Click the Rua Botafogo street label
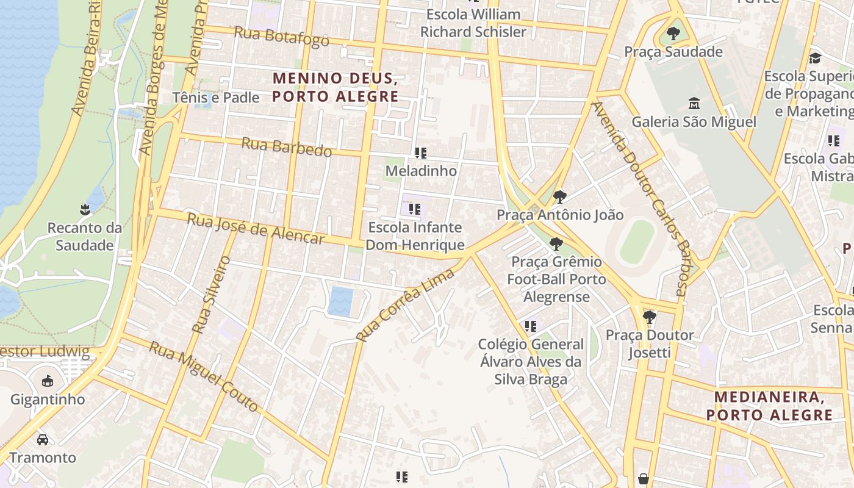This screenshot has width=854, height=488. (282, 37)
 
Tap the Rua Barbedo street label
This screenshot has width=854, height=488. (287, 147)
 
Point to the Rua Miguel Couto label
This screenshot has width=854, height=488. (204, 377)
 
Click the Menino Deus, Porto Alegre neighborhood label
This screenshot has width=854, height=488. (335, 87)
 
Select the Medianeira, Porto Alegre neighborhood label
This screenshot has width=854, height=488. (770, 406)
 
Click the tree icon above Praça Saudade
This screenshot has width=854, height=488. (673, 34)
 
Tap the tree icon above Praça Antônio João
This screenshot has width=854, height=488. (559, 197)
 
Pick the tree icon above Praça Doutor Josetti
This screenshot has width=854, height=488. (650, 317)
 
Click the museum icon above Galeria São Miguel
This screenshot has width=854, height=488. (694, 103)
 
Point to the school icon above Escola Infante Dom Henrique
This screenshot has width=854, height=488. (415, 210)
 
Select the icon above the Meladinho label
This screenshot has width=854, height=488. (420, 152)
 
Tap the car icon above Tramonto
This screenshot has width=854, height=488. (43, 439)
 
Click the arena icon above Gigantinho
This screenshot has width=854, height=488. (47, 381)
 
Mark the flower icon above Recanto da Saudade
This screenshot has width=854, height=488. (85, 210)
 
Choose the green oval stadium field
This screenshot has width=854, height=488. (637, 241)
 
